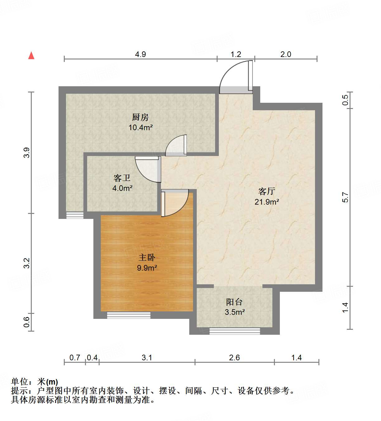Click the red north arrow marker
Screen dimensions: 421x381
coord(31,55)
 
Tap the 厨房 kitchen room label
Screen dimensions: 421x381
coord(140,117)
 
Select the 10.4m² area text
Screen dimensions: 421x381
coord(141,127)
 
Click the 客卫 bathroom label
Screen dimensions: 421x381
coord(122,178)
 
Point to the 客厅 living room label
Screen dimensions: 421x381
coord(267,191)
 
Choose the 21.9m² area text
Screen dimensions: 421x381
coord(267,202)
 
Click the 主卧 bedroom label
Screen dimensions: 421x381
coord(147,258)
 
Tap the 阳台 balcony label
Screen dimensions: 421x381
coord(234,302)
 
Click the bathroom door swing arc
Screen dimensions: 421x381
coord(148,169)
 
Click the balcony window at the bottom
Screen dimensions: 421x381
coord(234,331)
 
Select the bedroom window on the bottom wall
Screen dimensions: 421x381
coord(129,315)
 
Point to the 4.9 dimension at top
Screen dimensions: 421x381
coord(140,54)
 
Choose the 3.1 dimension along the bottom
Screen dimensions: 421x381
coord(147,357)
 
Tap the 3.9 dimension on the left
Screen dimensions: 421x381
coord(27,152)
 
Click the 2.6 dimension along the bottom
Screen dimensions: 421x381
coord(234,357)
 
